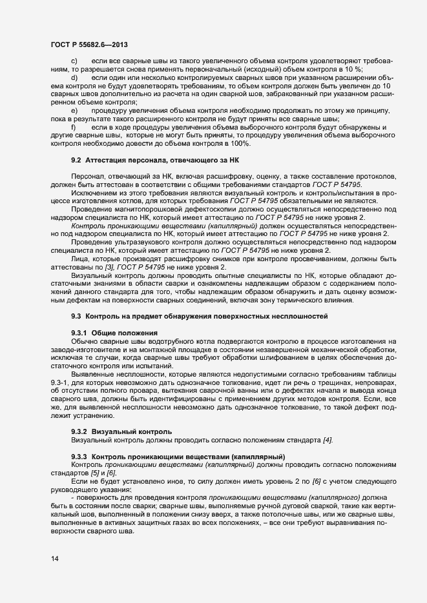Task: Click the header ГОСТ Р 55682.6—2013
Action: (x=89, y=44)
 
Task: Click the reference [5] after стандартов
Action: (x=83, y=474)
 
